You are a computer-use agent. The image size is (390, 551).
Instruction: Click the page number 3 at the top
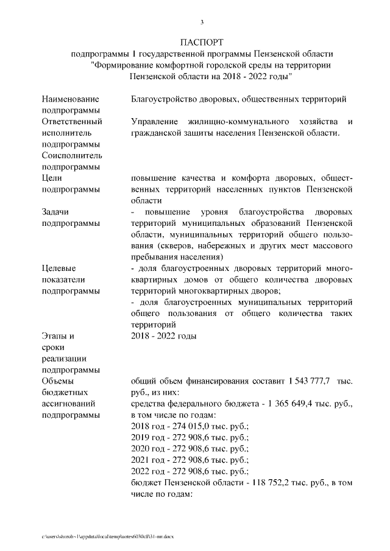(202, 23)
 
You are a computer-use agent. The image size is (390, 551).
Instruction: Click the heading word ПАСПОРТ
(202, 42)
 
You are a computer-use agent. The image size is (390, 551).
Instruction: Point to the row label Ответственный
(72, 121)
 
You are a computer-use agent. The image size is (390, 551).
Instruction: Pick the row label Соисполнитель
(72, 155)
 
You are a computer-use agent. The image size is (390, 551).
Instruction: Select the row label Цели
(52, 177)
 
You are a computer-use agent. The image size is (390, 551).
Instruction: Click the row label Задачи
(56, 211)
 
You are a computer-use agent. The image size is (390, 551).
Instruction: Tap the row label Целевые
(59, 268)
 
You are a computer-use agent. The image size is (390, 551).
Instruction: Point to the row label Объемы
(58, 381)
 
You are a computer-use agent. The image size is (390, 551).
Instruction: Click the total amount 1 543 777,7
(304, 381)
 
